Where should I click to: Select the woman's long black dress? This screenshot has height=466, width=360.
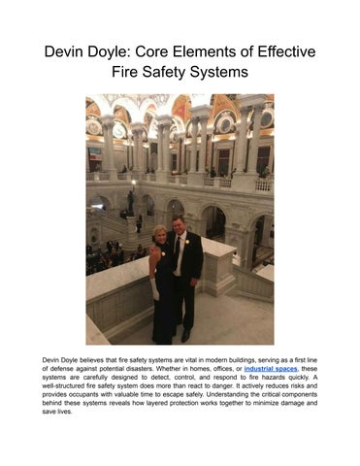coord(164,301)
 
